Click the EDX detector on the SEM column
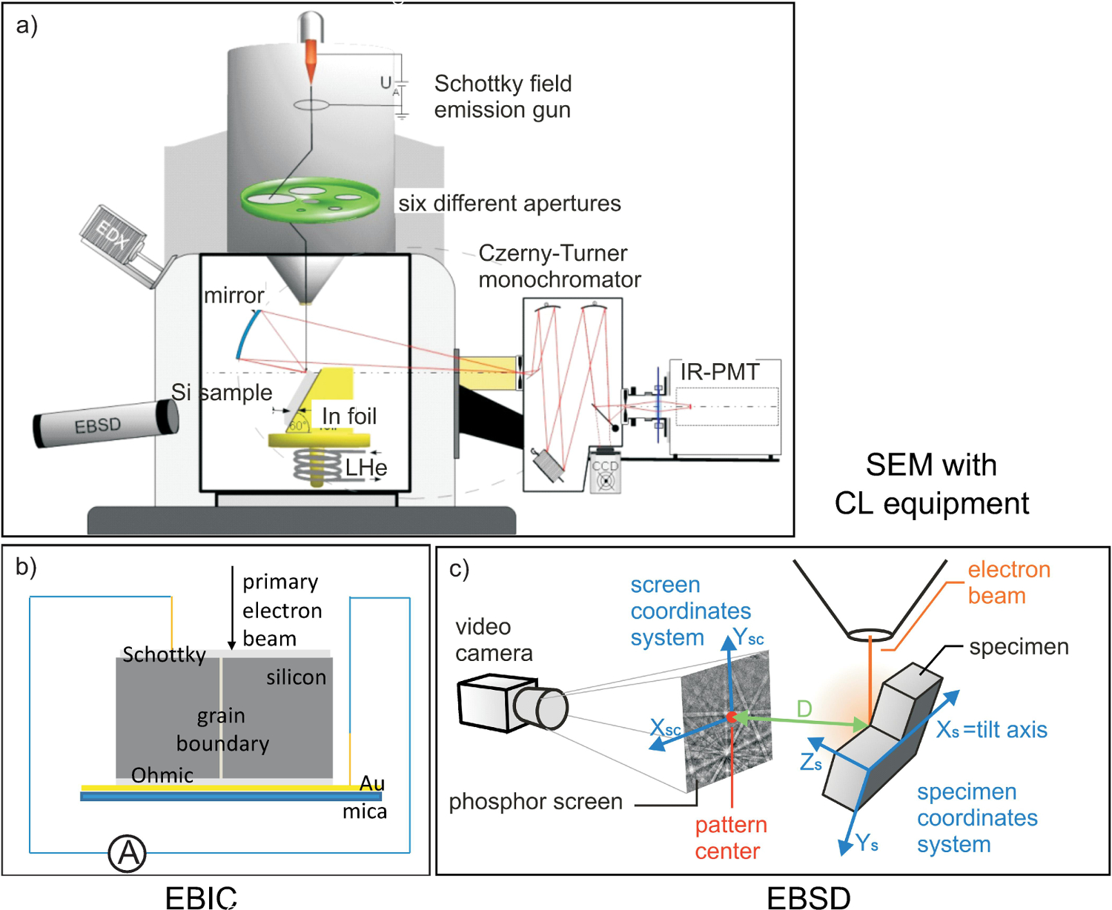[x=113, y=236]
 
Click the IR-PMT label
[x=719, y=372]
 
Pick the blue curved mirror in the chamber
[x=246, y=334]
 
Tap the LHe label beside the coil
[x=366, y=468]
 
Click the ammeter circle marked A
[x=128, y=853]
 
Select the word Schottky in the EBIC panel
[x=164, y=655]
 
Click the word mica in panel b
[x=364, y=812]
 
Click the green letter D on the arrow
[x=804, y=709]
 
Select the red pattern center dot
[x=731, y=717]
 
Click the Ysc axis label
[x=748, y=638]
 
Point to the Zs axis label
[x=811, y=761]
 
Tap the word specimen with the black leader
[x=1019, y=647]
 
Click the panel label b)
[x=27, y=566]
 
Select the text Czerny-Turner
[x=552, y=253]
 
